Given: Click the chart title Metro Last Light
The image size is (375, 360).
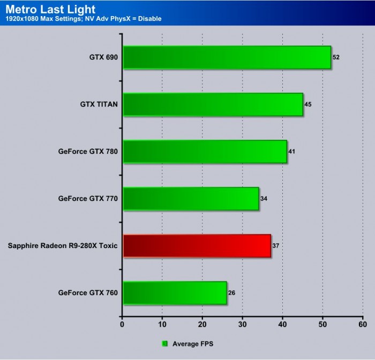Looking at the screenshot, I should point(50,9).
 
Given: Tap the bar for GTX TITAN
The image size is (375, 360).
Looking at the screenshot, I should point(213,104).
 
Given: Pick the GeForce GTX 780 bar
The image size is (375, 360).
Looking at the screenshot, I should point(205,152).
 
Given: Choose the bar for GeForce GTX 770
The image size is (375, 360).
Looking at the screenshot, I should point(191,199).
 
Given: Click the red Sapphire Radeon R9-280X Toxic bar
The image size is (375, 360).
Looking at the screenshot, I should point(197,246).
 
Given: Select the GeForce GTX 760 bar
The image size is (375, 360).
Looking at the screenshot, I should point(175,293).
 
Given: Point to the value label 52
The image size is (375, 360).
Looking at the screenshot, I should point(336,57).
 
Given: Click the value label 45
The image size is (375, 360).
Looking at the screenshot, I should point(308,104).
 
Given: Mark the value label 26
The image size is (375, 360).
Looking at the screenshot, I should point(232,292).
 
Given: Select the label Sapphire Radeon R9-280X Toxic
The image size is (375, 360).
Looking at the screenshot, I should point(63,246).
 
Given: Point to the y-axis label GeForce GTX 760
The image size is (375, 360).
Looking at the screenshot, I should point(88,293).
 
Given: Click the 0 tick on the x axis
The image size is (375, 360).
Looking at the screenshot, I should point(122,325).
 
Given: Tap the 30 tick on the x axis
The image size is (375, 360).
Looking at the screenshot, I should point(242,325).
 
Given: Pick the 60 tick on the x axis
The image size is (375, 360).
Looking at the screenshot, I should point(362,325).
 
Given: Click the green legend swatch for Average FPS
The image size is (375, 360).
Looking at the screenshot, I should point(165,343).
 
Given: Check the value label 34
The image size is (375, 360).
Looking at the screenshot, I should point(264,198).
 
